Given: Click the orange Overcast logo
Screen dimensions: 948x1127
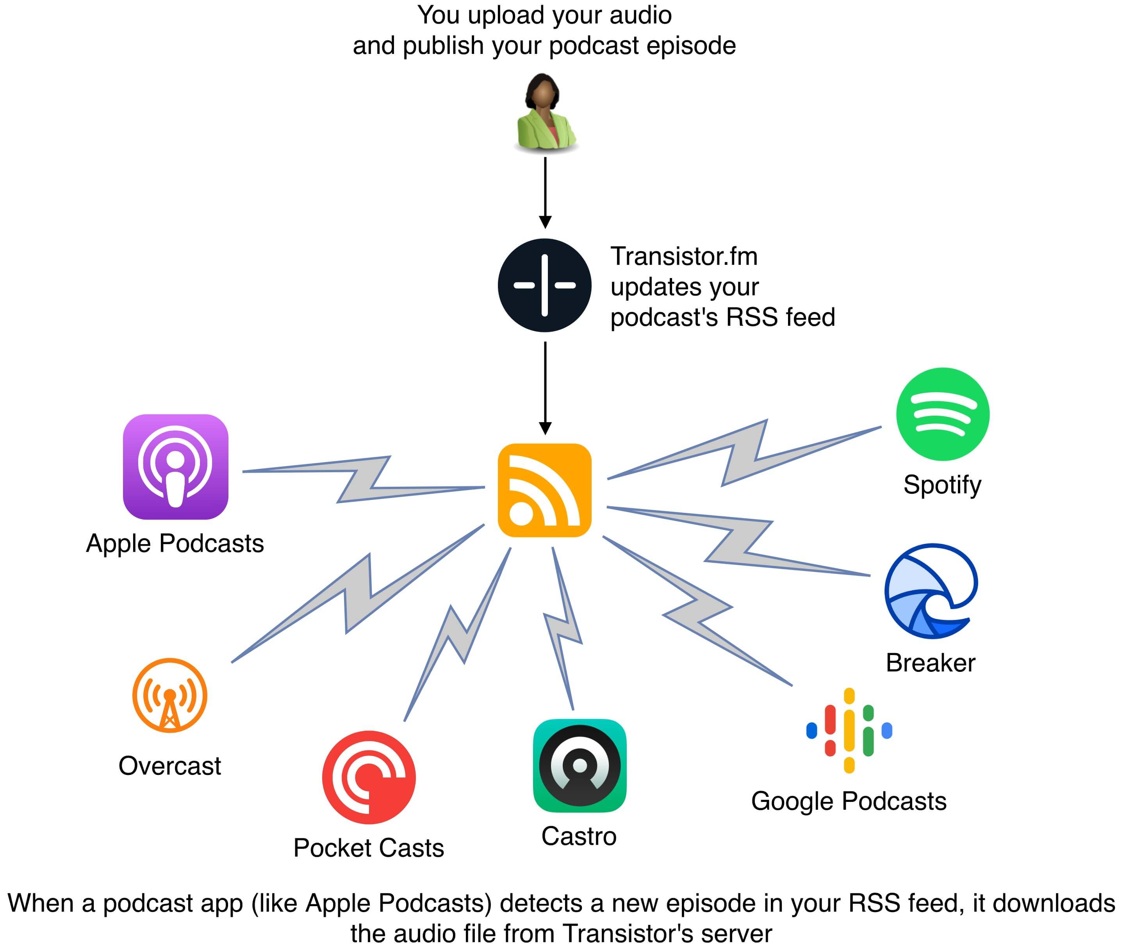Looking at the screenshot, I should pyautogui.click(x=170, y=695).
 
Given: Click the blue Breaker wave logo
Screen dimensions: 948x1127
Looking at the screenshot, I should pyautogui.click(x=931, y=591).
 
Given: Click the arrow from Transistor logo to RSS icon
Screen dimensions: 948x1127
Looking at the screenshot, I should pyautogui.click(x=545, y=387).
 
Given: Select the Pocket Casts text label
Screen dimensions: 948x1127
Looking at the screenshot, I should pyautogui.click(x=369, y=848).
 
